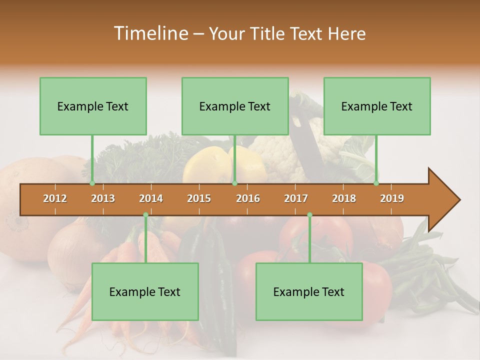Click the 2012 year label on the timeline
[55, 198]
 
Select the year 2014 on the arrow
[151, 198]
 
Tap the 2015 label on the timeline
[199, 198]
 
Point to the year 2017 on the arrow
[296, 198]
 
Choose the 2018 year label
[344, 198]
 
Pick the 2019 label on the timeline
[392, 198]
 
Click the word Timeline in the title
[150, 33]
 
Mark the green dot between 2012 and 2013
[92, 183]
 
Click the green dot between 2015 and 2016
[234, 183]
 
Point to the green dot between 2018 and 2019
[376, 183]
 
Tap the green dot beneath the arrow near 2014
[145, 215]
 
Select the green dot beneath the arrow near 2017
[309, 215]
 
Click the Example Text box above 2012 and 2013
[93, 106]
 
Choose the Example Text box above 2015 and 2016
[235, 106]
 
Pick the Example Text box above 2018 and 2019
[377, 106]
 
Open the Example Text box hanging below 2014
[145, 291]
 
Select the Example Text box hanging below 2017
[309, 291]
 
